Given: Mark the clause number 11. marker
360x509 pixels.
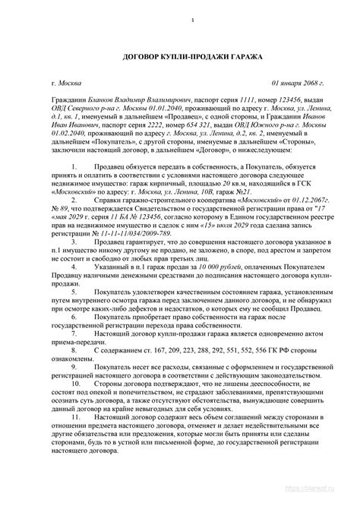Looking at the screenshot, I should point(95,438).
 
